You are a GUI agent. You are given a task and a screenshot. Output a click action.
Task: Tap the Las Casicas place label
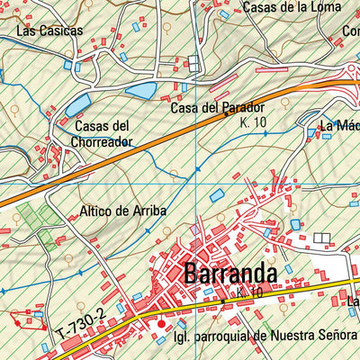point(49,31)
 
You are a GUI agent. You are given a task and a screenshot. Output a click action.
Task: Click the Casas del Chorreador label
point(103,133)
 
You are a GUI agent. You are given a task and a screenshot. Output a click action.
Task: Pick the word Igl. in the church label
point(183,337)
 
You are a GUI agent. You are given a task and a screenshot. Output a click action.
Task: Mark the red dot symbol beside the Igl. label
point(162,325)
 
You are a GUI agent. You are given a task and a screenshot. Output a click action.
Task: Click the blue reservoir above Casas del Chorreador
point(79,104)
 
